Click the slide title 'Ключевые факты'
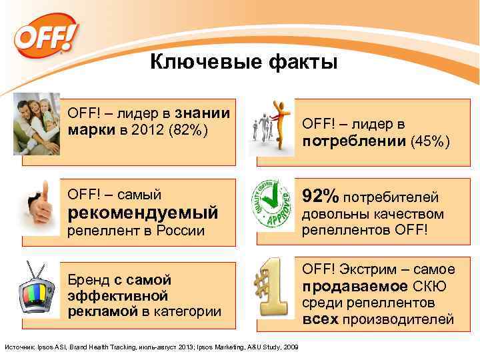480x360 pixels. [x=243, y=63]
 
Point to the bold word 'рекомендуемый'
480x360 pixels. [x=143, y=213]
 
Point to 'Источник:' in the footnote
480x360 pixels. [x=19, y=347]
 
